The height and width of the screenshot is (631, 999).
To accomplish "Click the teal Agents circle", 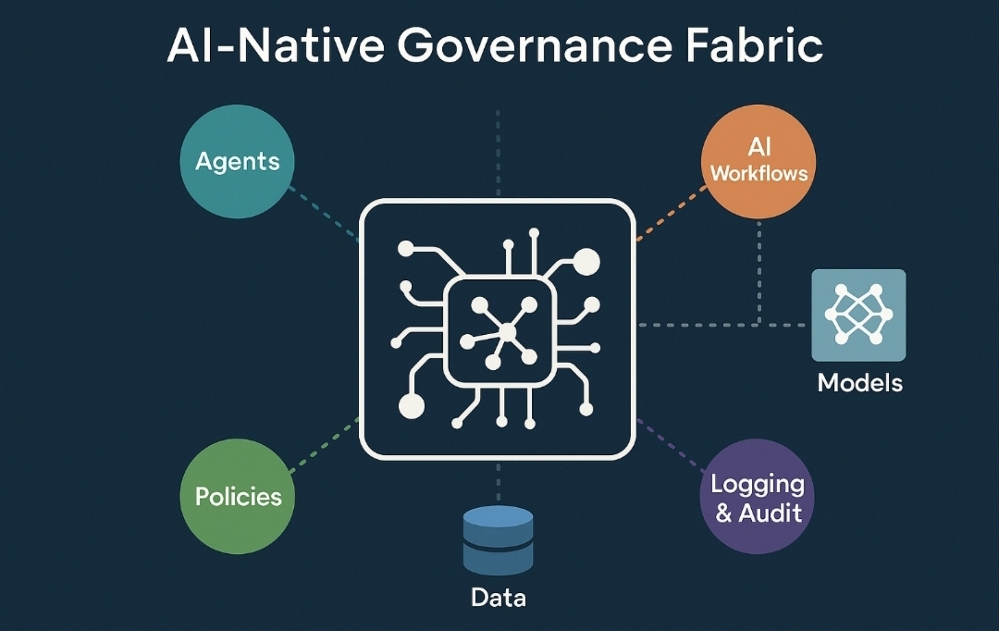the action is (x=237, y=162).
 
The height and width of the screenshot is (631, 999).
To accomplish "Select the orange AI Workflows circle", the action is (x=758, y=161).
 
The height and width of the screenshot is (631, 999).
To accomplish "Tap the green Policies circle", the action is (x=238, y=496).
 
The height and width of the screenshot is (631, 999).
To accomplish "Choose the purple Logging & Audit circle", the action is (x=758, y=497).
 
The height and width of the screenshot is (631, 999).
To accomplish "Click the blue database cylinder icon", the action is (x=498, y=540).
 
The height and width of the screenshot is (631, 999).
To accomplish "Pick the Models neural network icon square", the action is (x=858, y=315).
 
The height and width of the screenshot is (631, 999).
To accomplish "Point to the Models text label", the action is (x=859, y=382).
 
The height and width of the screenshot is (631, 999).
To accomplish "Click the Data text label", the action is (x=498, y=598).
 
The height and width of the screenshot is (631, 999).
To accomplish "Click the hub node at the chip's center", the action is (x=507, y=332).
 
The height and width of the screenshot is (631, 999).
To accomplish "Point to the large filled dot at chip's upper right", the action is (x=586, y=263).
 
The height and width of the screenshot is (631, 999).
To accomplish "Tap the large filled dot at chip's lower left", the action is (x=411, y=405).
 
